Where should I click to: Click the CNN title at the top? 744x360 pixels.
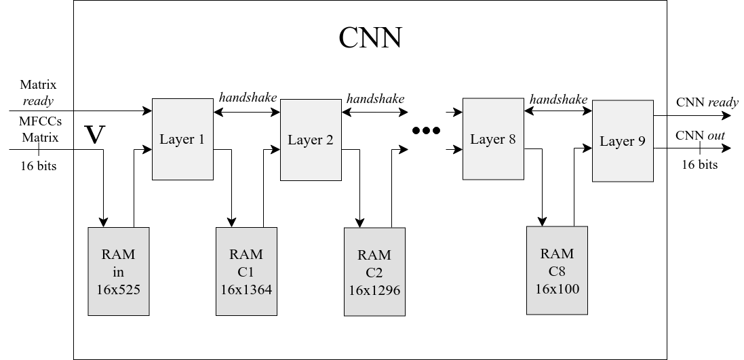coord(370,38)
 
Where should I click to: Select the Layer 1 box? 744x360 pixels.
coord(182,140)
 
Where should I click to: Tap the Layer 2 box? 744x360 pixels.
coord(311,140)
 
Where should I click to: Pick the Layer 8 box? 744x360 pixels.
coord(493,139)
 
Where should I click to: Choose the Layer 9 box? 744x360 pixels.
coord(623,142)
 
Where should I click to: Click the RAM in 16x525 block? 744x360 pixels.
coord(119,271)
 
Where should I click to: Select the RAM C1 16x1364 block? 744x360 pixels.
coord(246,271)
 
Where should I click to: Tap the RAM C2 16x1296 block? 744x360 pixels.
coord(374,272)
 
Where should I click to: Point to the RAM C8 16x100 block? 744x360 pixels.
coord(557,270)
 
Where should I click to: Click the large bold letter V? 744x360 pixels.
coord(97,135)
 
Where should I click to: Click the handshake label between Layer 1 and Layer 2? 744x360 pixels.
coord(248,97)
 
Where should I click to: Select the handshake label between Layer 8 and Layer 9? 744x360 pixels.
coord(558,99)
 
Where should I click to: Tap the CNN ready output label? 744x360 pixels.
coord(707,102)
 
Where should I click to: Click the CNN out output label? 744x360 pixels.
coord(700,136)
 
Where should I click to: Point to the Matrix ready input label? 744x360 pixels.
coord(38,93)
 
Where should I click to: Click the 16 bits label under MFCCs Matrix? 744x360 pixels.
coord(38,165)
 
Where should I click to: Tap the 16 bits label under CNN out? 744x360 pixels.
coord(699,165)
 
